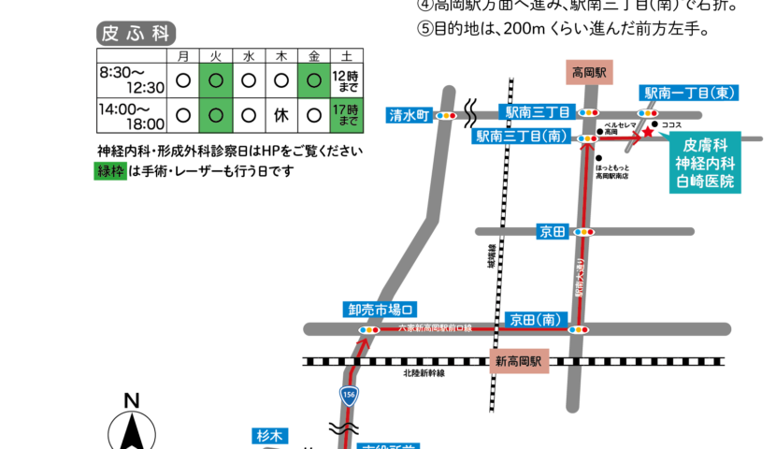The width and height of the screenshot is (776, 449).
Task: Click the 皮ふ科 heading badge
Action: pos(137,34)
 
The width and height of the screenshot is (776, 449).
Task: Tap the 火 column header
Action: pos(215,56)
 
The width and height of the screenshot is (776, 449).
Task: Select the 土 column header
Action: pos(346,56)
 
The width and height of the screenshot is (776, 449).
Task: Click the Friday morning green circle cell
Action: pos(314,80)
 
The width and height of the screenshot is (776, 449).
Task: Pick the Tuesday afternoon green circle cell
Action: pos(215,116)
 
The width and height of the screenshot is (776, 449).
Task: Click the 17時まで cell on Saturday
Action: pos(346,116)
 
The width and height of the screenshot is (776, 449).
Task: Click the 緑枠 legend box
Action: pos(111,171)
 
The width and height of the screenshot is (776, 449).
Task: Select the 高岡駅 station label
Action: pos(591,72)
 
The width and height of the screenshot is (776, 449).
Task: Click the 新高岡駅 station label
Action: pos(519,361)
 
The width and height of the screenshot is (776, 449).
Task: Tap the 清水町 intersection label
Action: pos(409,116)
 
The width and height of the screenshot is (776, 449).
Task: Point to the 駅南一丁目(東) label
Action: pos(690,93)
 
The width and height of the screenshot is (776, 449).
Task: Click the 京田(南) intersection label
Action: pos(534,320)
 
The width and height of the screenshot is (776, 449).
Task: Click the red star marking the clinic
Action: pos(647,132)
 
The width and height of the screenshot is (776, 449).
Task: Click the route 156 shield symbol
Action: pos(349,395)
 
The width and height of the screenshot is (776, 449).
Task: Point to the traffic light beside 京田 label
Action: pos(583,232)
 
